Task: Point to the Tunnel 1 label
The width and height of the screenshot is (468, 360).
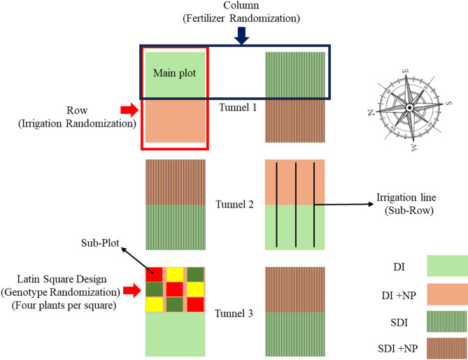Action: click(x=234, y=107)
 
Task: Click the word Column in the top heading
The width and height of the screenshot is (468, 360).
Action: click(x=241, y=6)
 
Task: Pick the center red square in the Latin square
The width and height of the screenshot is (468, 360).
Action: click(x=176, y=289)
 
